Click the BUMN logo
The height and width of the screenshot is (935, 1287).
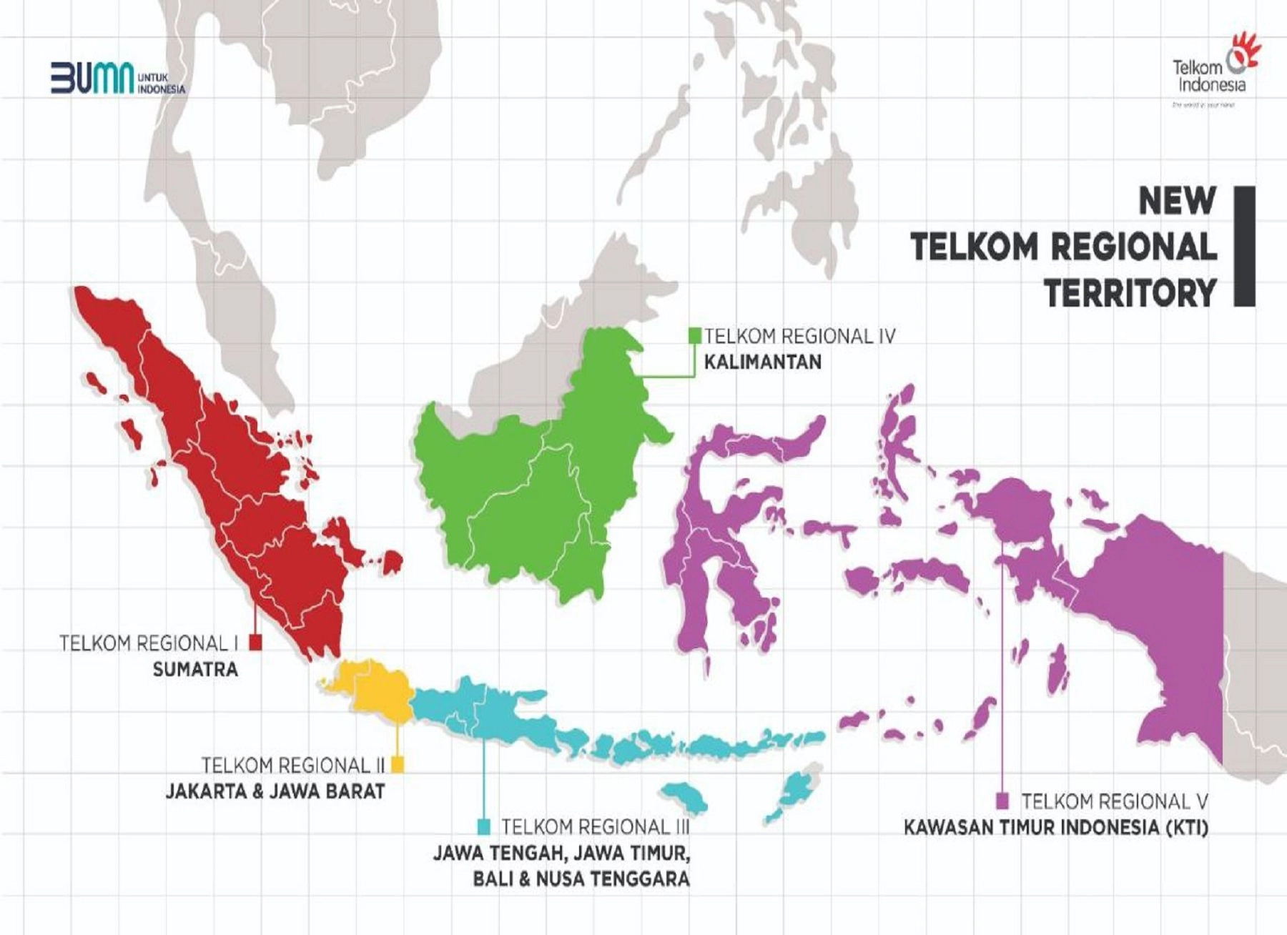(117, 77)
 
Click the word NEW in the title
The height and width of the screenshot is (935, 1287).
(1177, 200)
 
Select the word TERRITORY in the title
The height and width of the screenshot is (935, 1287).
(1130, 293)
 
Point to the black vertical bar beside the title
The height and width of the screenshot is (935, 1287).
(1244, 247)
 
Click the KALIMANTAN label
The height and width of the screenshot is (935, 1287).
(762, 362)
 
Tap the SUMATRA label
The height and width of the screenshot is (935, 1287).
(195, 670)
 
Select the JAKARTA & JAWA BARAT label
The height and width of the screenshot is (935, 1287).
(275, 791)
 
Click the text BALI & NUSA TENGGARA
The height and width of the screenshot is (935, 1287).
(581, 879)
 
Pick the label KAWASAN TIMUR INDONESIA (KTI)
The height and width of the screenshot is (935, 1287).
(1055, 828)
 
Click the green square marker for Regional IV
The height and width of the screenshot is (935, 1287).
(694, 335)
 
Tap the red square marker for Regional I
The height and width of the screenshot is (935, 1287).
(255, 643)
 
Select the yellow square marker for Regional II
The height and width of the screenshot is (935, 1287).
(398, 765)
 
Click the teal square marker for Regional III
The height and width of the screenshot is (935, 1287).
(484, 827)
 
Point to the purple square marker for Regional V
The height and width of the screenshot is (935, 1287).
(1003, 800)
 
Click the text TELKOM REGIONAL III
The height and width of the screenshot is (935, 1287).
(595, 827)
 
